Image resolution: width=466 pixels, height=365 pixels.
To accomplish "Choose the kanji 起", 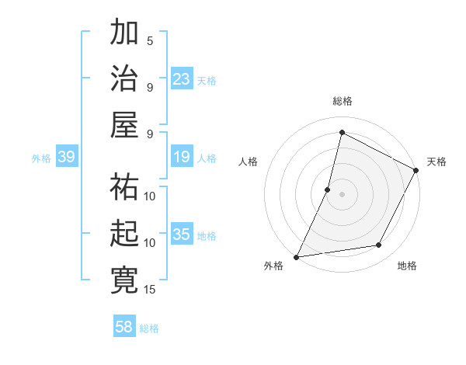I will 124,234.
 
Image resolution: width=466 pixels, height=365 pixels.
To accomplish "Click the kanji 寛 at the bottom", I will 124,280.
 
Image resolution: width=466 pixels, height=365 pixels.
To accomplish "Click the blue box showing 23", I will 181,79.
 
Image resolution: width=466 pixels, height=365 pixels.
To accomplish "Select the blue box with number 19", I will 181,158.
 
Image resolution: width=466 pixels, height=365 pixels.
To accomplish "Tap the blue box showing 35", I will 181,235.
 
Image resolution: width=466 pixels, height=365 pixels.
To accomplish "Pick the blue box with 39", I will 66,158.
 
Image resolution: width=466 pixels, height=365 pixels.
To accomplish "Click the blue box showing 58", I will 123,327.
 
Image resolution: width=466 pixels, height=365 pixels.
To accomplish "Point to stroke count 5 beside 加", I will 150,40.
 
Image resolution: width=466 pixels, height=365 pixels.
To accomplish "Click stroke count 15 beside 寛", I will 150,289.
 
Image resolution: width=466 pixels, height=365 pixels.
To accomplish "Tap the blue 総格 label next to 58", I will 149,328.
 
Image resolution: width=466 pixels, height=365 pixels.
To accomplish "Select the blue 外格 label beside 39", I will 41,158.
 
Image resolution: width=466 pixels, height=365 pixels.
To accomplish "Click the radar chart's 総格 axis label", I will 342,101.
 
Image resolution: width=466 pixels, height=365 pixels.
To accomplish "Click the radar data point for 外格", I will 297,256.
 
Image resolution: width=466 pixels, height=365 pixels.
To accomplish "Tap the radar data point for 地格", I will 379,245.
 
